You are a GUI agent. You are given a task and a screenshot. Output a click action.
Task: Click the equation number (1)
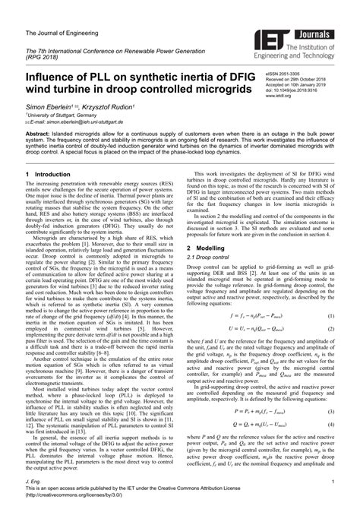pos(332,293)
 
